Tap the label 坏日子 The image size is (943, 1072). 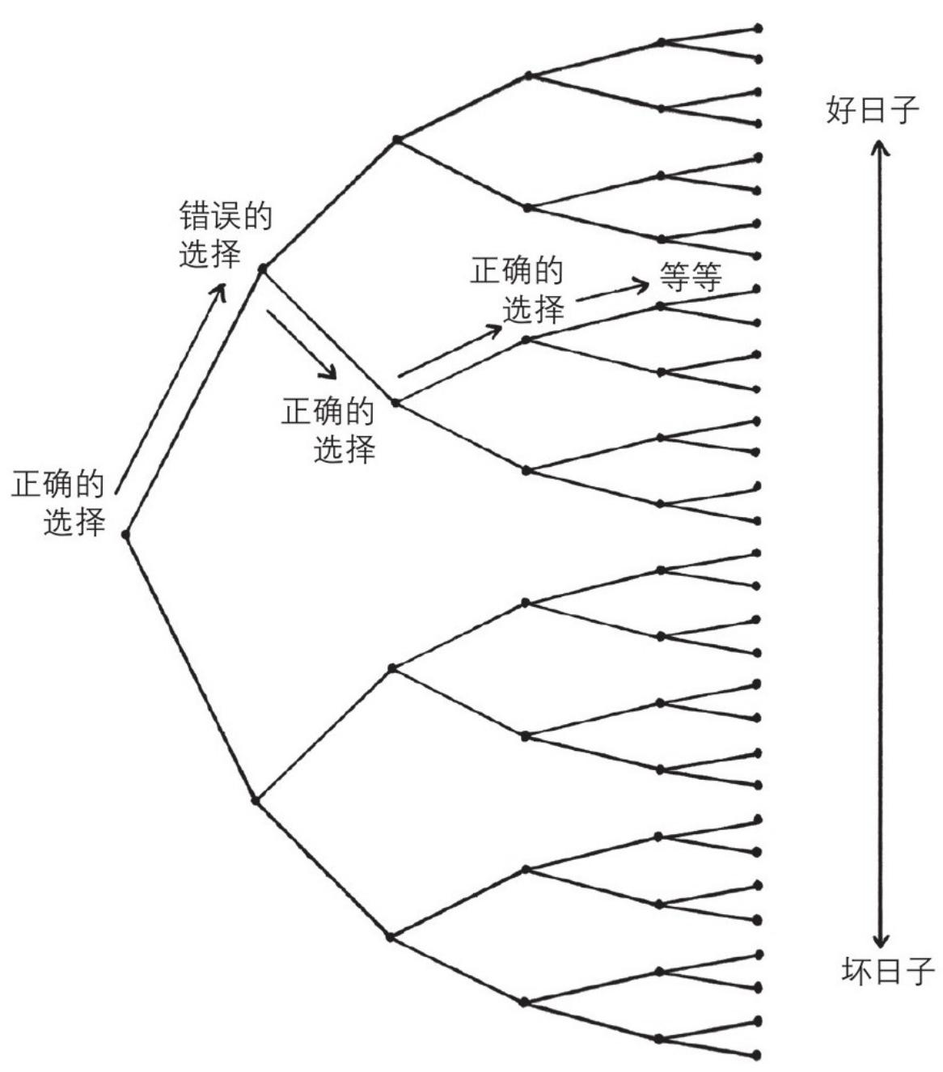pyautogui.click(x=887, y=970)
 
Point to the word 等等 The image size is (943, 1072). pyautogui.click(x=690, y=278)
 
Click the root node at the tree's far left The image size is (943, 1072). pyautogui.click(x=125, y=535)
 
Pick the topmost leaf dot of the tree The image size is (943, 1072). pyautogui.click(x=758, y=28)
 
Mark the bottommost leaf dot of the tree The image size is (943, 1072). pyautogui.click(x=757, y=1054)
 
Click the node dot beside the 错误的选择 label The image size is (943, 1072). pyautogui.click(x=262, y=268)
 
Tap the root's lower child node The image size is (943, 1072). pyautogui.click(x=255, y=800)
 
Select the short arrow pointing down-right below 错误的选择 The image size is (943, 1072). pyautogui.click(x=300, y=342)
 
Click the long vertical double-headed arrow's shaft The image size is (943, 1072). pyautogui.click(x=881, y=542)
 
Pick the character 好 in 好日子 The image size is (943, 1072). pyautogui.click(x=840, y=110)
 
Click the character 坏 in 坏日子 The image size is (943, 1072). pyautogui.click(x=856, y=970)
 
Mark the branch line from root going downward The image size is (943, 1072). pyautogui.click(x=190, y=667)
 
